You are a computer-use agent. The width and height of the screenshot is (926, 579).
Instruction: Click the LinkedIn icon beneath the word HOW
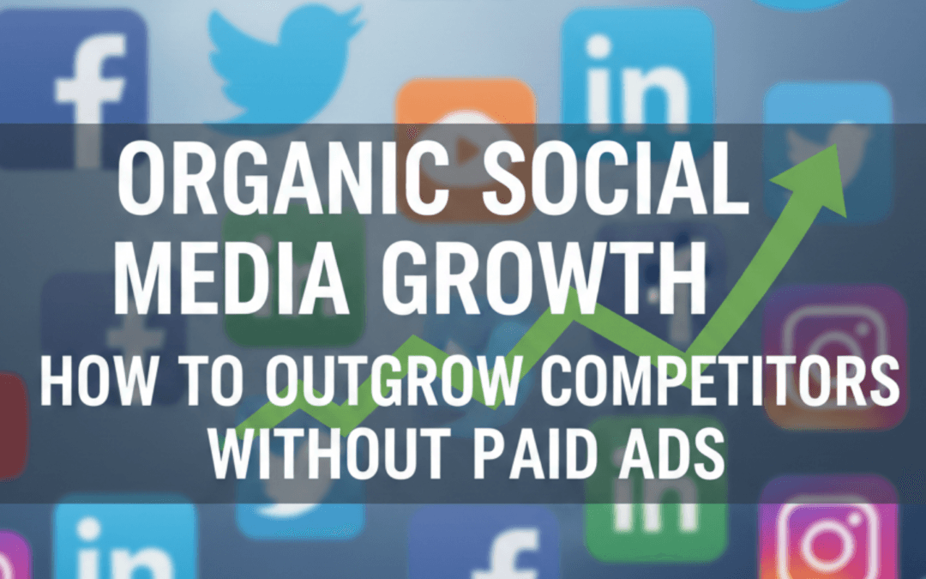pyautogui.click(x=124, y=540)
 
